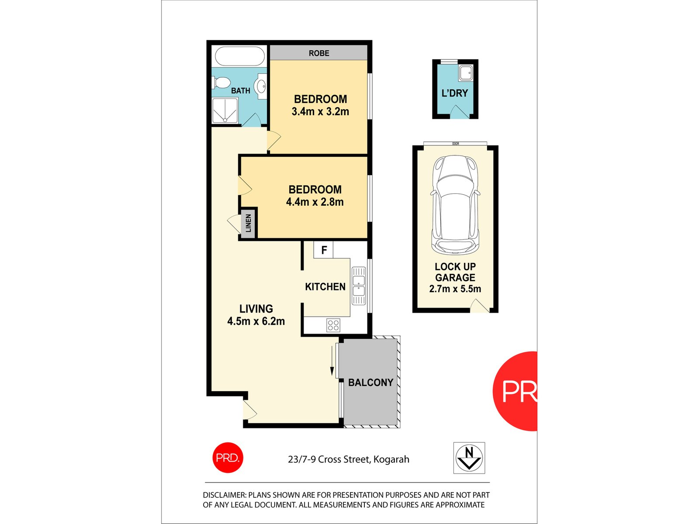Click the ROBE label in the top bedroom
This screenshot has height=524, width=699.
[319, 53]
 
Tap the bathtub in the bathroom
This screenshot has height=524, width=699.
[240, 57]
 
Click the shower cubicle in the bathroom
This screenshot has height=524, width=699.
[225, 110]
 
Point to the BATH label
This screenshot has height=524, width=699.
[241, 91]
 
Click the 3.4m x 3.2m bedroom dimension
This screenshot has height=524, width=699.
[320, 112]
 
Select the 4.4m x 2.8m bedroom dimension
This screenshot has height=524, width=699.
[315, 202]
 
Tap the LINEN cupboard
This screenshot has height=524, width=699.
[248, 223]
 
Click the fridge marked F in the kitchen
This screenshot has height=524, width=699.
[324, 250]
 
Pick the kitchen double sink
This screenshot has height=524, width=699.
[359, 286]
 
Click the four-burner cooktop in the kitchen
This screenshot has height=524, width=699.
[333, 325]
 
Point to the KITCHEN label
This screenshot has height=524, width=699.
[325, 287]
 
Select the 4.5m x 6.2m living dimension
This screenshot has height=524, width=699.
[256, 322]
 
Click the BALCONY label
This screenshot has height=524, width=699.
[370, 383]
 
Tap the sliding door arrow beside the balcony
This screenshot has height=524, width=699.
[332, 360]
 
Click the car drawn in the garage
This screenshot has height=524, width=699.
[455, 204]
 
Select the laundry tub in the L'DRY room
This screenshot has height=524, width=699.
[466, 72]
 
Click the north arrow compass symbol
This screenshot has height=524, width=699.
[469, 458]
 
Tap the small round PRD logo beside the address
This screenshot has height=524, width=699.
[228, 458]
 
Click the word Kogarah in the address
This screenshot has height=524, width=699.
[391, 459]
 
